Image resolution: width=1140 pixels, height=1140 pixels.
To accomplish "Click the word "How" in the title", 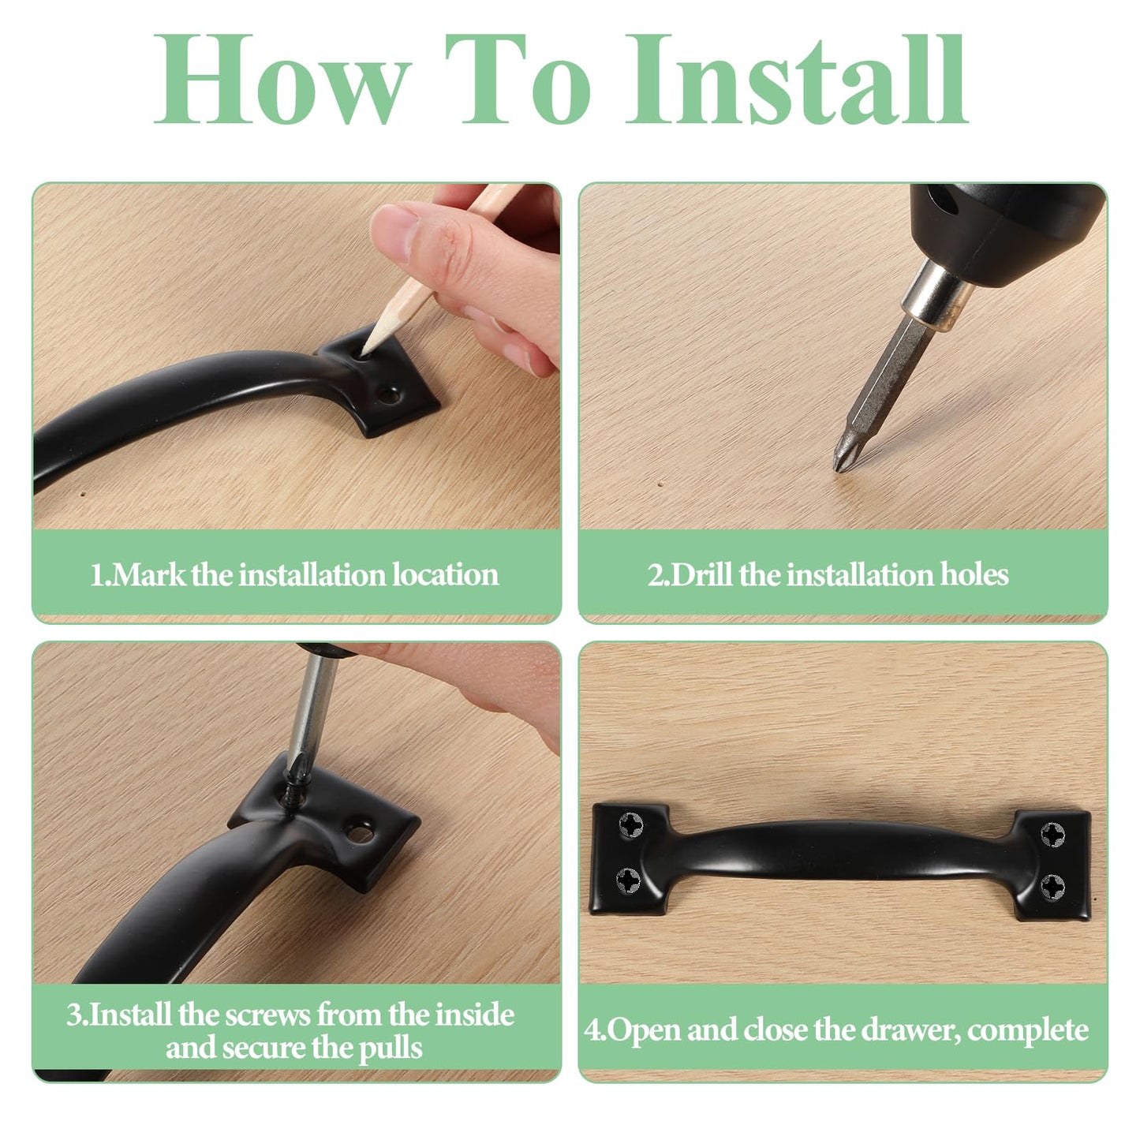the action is pos(282,79).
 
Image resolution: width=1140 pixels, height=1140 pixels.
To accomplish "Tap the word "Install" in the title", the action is pos(797,79).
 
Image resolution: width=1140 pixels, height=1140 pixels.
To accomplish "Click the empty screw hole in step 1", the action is pos(389,394).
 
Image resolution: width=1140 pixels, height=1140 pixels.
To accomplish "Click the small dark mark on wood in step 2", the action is pos(660,484).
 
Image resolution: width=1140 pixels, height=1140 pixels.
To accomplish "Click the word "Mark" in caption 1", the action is pos(148,574).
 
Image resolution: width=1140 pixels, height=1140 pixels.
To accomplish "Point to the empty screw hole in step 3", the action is pos(360,834).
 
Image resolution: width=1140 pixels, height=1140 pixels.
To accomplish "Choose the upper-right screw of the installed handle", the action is pos(1053,834).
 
